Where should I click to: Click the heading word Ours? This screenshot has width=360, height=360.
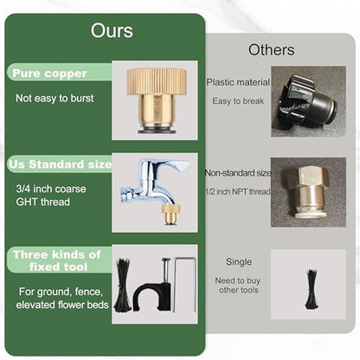click(x=112, y=30)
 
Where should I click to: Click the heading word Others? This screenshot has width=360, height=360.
click(x=272, y=50)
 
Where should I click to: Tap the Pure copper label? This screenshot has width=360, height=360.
click(x=49, y=74)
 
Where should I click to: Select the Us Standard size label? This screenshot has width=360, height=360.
click(x=60, y=164)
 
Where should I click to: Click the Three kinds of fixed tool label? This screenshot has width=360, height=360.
click(x=57, y=260)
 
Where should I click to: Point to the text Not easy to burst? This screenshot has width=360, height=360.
click(x=55, y=98)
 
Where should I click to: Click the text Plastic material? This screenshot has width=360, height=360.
click(x=238, y=82)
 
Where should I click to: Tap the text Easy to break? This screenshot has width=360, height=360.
click(x=238, y=101)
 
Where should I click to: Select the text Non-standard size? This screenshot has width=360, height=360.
click(x=238, y=173)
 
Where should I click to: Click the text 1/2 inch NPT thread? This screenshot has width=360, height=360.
click(x=238, y=191)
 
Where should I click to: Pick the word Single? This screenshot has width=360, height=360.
click(x=239, y=261)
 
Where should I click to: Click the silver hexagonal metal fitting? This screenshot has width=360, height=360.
click(x=307, y=192)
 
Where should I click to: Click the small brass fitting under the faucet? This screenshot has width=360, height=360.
click(x=170, y=214)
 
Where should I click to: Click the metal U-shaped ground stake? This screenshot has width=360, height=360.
click(x=184, y=284)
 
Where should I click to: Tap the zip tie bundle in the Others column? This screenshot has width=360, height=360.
click(x=311, y=289)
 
